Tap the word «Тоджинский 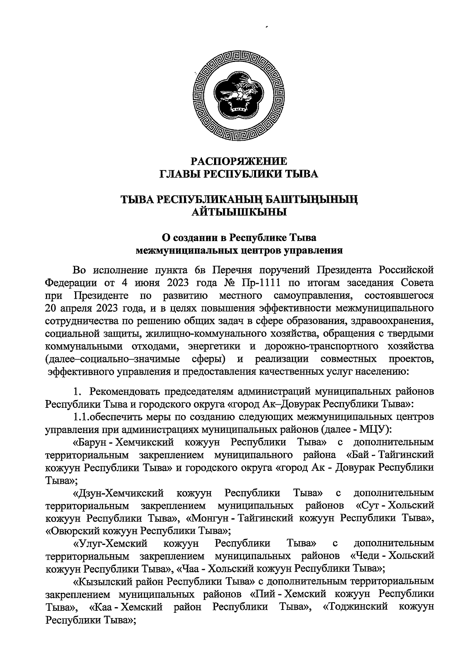click(355, 607)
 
